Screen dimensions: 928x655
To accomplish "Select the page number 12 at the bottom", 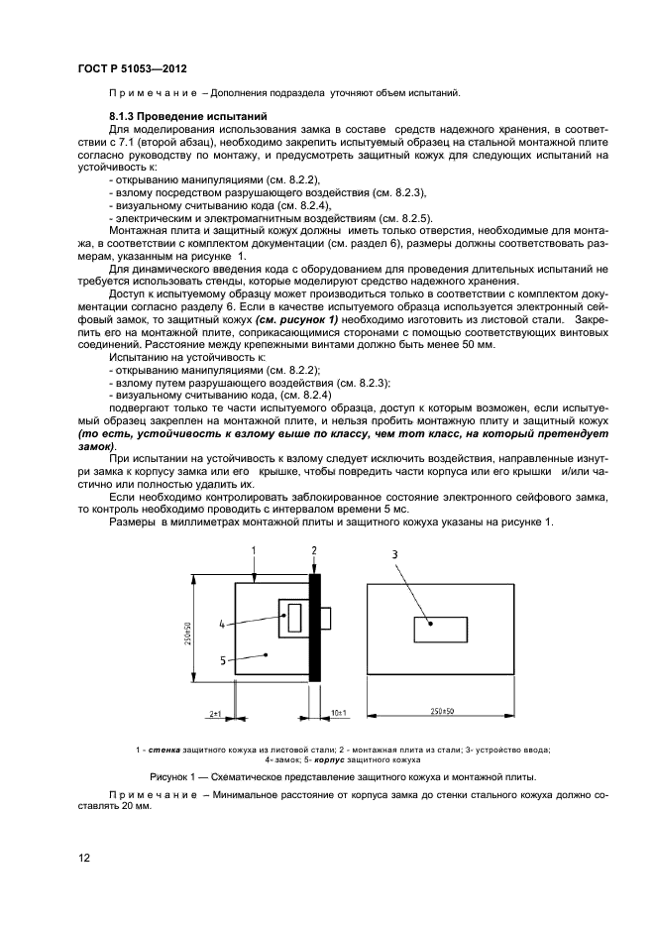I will coord(84,858).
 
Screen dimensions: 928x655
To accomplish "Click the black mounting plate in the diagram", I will coord(315,628).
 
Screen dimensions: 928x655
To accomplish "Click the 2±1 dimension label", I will coord(217,712).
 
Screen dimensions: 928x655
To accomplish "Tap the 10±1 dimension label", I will coord(338,712).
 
